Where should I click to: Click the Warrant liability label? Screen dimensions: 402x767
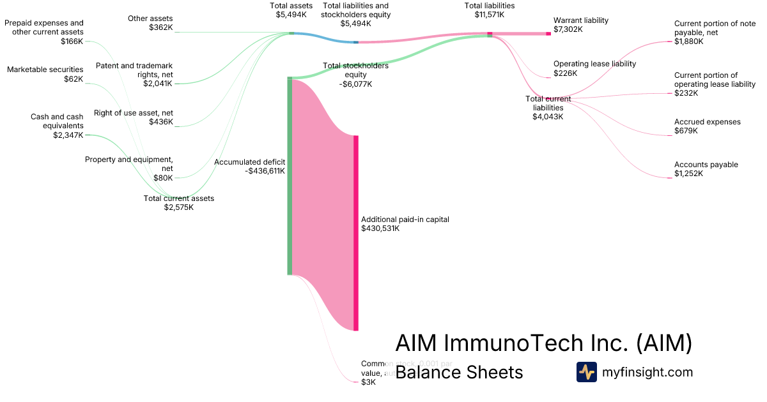pos(580,20)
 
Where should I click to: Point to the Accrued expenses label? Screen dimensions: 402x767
pos(707,122)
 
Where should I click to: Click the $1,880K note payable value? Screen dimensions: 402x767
pos(688,41)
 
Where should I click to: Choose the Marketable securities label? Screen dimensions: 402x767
pos(45,70)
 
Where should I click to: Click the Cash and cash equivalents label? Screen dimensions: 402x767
pos(57,121)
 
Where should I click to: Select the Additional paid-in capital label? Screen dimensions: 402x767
pos(405,220)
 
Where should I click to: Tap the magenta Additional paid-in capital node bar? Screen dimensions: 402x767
pos(356,233)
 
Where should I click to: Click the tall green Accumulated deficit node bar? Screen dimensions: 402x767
pos(290,175)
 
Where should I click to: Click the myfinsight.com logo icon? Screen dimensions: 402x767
pos(586,372)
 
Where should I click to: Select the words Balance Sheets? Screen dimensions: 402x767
pos(459,372)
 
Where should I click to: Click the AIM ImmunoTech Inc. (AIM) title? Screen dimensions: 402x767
pos(543,343)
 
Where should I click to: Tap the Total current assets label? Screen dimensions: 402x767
pos(178,198)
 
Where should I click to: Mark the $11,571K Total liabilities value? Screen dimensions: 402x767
pos(489,14)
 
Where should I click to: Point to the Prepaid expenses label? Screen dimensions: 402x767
pos(44,27)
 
